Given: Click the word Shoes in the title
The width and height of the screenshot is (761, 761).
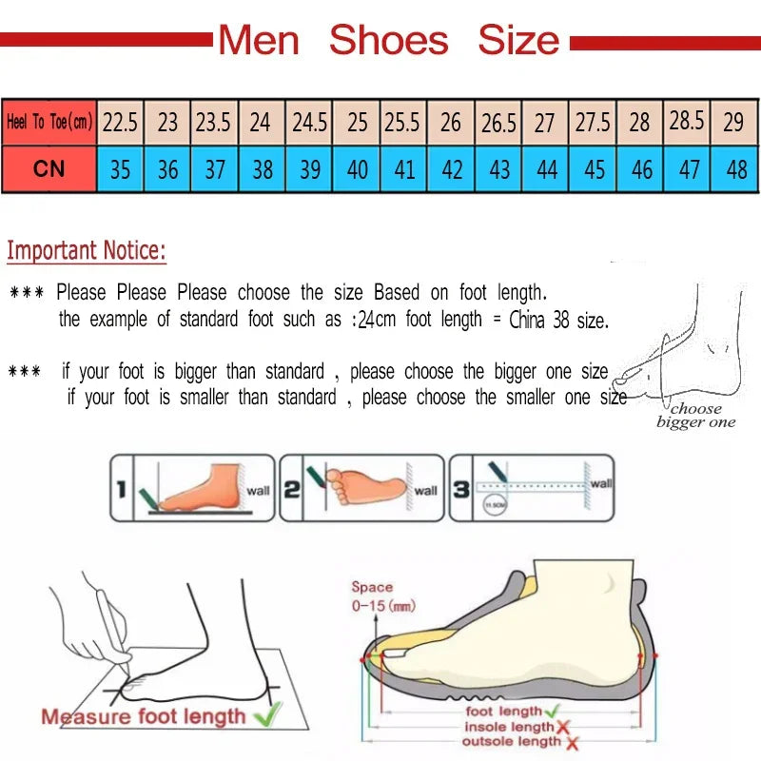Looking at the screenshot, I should click(388, 40).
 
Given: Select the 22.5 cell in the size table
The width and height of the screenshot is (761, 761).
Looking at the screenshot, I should click(121, 123).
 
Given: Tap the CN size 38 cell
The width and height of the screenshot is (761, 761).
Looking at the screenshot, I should click(263, 169).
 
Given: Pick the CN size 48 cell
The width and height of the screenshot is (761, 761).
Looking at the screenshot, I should click(735, 169).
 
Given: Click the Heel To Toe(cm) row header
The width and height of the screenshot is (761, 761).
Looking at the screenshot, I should click(49, 123).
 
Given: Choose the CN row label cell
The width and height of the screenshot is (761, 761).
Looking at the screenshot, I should click(49, 169).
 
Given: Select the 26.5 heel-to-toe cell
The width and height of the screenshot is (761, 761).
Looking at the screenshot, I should click(498, 123).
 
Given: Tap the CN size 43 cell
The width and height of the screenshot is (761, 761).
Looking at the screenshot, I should click(498, 169).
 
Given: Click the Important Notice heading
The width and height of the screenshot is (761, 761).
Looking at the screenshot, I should click(87, 251).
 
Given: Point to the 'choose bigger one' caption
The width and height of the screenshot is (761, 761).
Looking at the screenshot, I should click(695, 416).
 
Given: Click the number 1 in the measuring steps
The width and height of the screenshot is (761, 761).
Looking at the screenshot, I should click(122, 490).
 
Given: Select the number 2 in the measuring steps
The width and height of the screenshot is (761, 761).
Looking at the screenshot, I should click(292, 490).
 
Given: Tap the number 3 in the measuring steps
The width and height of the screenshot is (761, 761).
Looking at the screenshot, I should click(461, 490).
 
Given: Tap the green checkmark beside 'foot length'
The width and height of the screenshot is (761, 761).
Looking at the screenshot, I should click(551, 711).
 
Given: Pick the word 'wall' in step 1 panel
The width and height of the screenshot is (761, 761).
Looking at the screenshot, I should click(258, 491).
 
